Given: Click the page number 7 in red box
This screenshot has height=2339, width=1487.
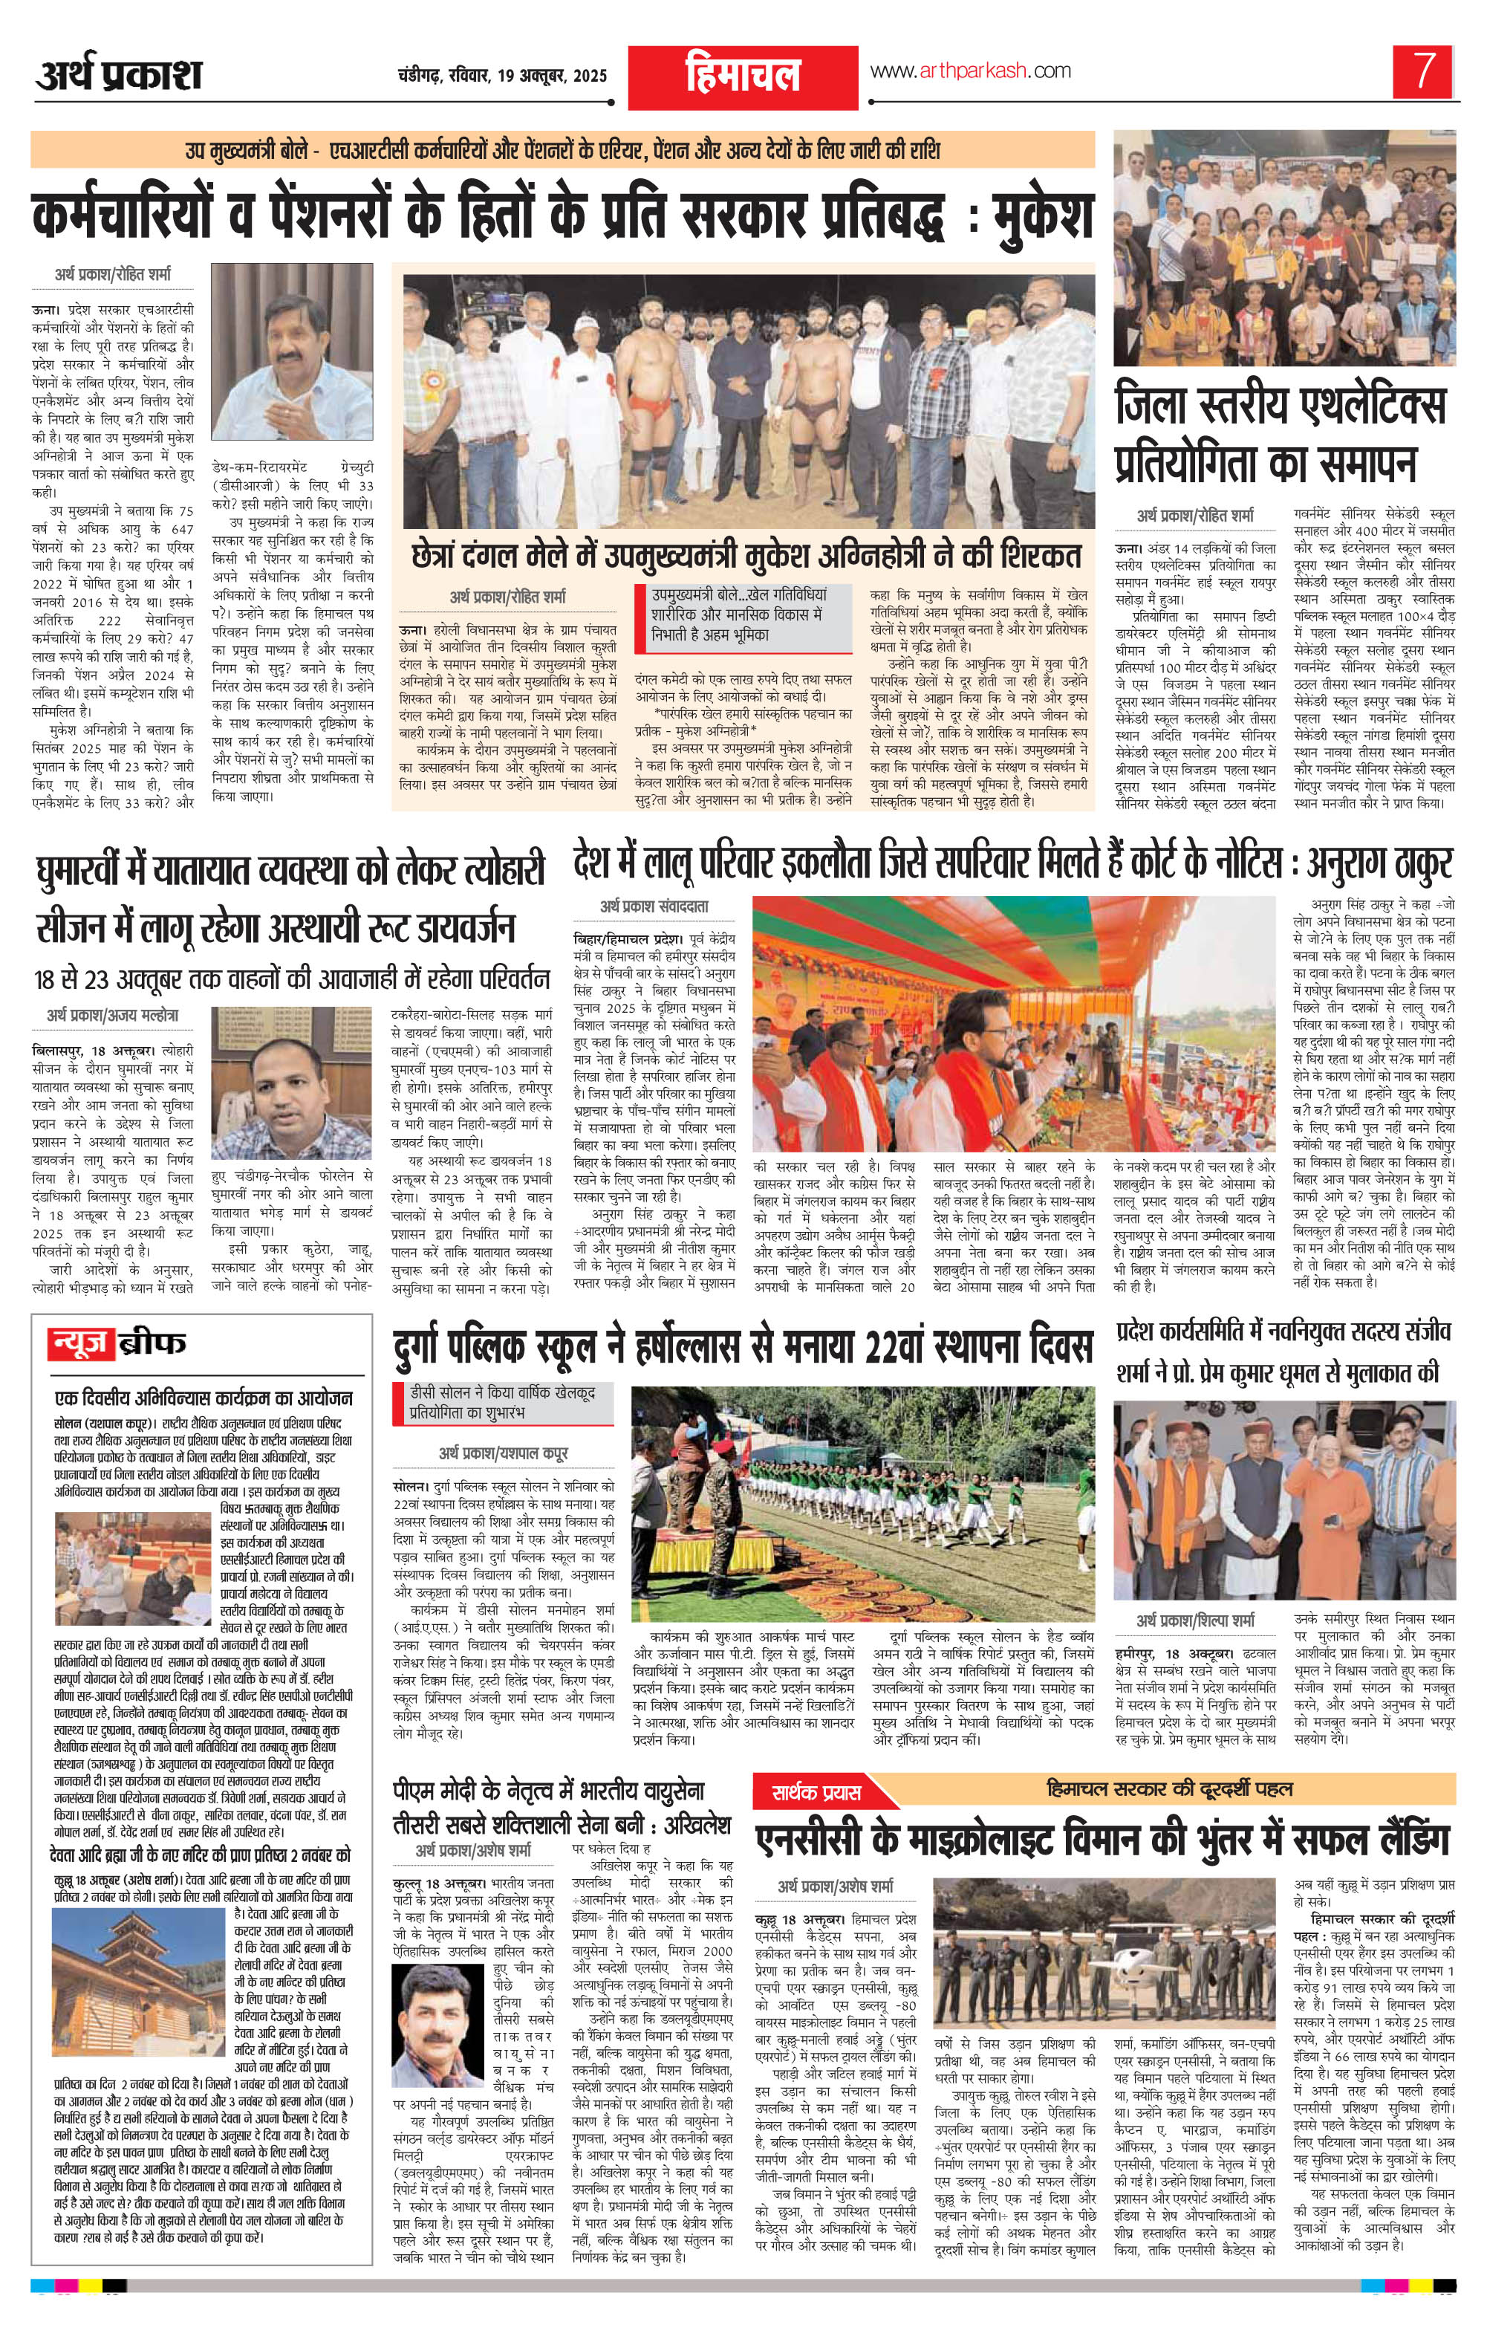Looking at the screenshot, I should pos(1424,71).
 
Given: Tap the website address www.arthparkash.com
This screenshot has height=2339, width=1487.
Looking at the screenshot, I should pos(969,71).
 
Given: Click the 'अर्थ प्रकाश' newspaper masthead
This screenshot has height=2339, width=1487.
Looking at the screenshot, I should pos(119,76).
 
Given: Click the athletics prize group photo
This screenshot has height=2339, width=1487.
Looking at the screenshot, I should pos(1284,260).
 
